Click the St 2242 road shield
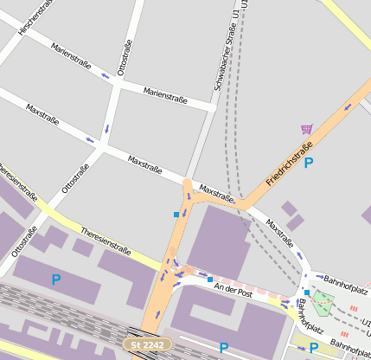(142, 344)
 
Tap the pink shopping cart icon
(306, 130)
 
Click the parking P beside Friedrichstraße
(308, 162)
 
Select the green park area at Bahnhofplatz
(323, 304)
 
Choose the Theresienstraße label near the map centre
(105, 242)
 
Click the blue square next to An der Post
(209, 279)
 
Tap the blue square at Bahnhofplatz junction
(306, 292)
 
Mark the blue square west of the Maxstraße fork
(176, 214)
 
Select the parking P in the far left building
(56, 280)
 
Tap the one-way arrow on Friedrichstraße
(349, 106)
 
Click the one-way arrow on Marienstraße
(106, 76)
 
